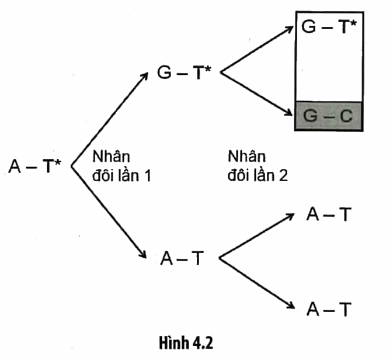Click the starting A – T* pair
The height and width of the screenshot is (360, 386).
34,166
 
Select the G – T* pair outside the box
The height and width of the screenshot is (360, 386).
184,72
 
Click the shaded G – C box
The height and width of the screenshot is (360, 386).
329,116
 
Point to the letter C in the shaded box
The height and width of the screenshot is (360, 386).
346,116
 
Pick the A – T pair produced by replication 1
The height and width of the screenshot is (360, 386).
182,258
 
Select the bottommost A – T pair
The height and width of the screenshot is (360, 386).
329,309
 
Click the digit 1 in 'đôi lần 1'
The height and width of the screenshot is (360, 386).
147,176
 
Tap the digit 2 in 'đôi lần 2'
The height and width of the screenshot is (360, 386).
283,176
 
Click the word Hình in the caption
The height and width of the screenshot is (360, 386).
174,342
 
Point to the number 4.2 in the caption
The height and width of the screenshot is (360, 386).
203,342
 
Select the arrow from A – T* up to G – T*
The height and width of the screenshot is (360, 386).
110,119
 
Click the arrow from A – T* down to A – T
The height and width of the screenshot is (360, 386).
109,212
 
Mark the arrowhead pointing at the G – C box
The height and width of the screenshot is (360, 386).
288,112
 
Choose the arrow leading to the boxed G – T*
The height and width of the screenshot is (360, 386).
257,49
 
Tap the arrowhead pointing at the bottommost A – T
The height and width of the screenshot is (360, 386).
290,305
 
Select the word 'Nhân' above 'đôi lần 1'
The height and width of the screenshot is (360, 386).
112,156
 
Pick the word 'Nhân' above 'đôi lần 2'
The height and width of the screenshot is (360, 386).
246,156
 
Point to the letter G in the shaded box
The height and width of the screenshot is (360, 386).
310,116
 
